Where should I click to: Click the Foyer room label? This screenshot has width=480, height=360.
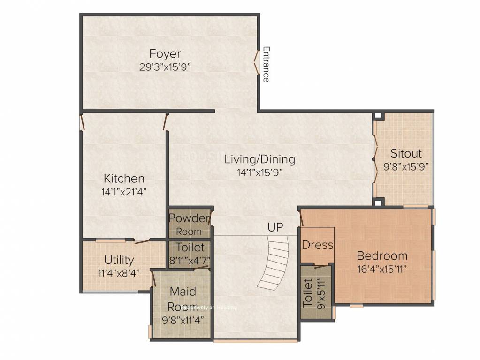[165, 53]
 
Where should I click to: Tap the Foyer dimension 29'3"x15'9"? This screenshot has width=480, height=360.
[165, 67]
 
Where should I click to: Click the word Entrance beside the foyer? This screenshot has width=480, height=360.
[266, 64]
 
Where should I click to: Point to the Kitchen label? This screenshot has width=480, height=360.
[124, 179]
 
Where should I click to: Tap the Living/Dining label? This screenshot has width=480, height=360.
[259, 159]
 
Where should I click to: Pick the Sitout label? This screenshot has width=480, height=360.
[406, 153]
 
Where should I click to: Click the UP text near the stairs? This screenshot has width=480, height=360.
[275, 227]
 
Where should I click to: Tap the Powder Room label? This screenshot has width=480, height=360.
[189, 224]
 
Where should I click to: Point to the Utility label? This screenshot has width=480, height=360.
[119, 260]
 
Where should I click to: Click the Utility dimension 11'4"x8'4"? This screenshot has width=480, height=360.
[119, 273]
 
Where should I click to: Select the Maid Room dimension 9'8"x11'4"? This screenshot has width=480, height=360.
[183, 322]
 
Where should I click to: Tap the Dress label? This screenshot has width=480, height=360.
[317, 245]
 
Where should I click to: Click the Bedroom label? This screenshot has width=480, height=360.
[382, 256]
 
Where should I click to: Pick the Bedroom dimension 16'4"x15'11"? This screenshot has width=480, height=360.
[382, 269]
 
